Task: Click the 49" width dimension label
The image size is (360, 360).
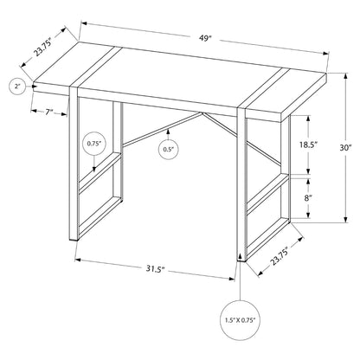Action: [x=205, y=38]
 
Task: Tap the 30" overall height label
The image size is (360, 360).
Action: [x=346, y=148]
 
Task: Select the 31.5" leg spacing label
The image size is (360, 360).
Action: [x=155, y=269]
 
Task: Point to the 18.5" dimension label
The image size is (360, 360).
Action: [x=308, y=145]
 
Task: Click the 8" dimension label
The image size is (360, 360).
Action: [x=308, y=198]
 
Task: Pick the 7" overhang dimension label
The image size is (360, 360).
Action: [x=49, y=112]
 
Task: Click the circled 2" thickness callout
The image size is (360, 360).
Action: [x=18, y=87]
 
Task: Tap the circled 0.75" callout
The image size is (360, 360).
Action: [x=94, y=144]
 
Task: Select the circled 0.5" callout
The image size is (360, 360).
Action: [x=168, y=149]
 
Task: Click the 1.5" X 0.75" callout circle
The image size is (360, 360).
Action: [x=241, y=320]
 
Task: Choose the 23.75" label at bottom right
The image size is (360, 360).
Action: [x=280, y=256]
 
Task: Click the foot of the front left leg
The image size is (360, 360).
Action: [x=74, y=239]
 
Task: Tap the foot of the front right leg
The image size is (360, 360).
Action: [x=241, y=260]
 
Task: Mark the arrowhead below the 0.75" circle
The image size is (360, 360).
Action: [x=94, y=170]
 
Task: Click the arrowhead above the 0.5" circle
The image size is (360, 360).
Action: [x=168, y=133]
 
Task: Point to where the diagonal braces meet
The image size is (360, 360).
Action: [x=201, y=113]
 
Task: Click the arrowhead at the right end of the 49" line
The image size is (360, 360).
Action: [x=326, y=53]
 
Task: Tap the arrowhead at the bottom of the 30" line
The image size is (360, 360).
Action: [x=346, y=220]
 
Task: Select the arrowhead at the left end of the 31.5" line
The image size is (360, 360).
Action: [x=78, y=260]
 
